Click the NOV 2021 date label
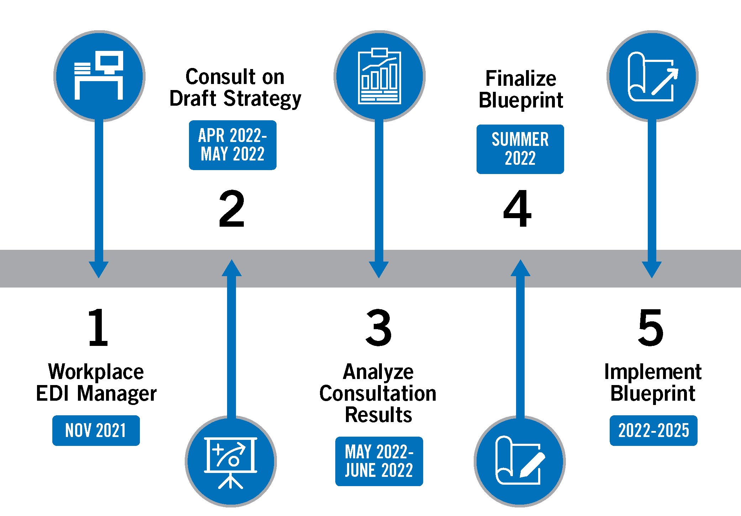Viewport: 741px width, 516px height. click(x=96, y=431)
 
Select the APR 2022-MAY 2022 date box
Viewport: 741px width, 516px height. click(x=232, y=145)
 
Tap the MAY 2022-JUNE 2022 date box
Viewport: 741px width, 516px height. click(x=379, y=461)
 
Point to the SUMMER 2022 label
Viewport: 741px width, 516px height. click(x=520, y=149)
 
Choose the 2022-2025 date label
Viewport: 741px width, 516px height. click(x=653, y=431)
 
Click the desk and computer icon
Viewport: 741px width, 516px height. click(x=99, y=76)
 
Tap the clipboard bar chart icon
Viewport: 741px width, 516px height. click(x=379, y=76)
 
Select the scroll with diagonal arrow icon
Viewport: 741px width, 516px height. click(x=652, y=76)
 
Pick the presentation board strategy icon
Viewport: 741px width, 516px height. click(x=231, y=461)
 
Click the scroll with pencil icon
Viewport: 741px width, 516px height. click(x=520, y=461)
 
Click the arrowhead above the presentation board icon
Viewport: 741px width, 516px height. click(x=232, y=268)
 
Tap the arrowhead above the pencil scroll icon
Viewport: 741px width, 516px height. click(x=520, y=268)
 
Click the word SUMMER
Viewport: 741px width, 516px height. click(x=520, y=139)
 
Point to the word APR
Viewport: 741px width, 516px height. click(x=211, y=136)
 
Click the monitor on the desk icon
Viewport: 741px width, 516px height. click(x=111, y=61)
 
